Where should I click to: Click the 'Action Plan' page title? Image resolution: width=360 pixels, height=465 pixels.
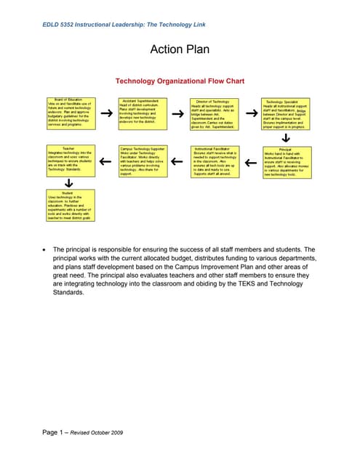[180, 49]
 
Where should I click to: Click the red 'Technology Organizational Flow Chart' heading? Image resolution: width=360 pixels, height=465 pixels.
[180, 81]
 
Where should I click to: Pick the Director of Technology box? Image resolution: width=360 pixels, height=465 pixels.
[214, 115]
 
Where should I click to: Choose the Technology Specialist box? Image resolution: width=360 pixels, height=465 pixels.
[285, 115]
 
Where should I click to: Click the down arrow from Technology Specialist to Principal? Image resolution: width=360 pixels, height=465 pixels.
[285, 137]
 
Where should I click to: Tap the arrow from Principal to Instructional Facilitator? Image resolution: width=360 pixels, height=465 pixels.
[249, 161]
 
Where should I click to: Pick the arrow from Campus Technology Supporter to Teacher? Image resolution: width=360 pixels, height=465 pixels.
[105, 161]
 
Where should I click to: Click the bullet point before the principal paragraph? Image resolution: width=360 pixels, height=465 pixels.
[47, 250]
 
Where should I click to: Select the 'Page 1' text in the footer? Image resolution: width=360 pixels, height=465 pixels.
[55, 433]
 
